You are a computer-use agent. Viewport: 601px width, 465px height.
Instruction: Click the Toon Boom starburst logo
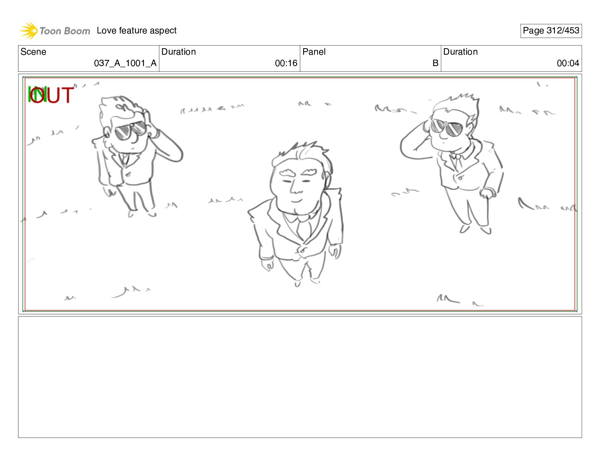click(29, 30)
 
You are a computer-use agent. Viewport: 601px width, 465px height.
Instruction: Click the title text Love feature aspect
click(136, 30)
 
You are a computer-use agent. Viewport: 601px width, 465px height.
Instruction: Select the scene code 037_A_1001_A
click(125, 63)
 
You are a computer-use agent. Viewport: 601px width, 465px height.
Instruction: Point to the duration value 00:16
click(286, 63)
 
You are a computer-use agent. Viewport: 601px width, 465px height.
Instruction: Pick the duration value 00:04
click(568, 63)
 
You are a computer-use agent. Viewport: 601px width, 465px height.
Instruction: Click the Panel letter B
click(435, 63)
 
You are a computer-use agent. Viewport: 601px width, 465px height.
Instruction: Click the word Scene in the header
click(33, 52)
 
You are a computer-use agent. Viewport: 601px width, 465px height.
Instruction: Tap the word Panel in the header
click(314, 52)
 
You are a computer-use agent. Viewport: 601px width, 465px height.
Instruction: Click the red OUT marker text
click(52, 95)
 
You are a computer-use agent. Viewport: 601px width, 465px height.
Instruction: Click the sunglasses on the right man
click(446, 127)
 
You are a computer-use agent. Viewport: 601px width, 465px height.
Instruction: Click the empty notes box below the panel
click(300, 377)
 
